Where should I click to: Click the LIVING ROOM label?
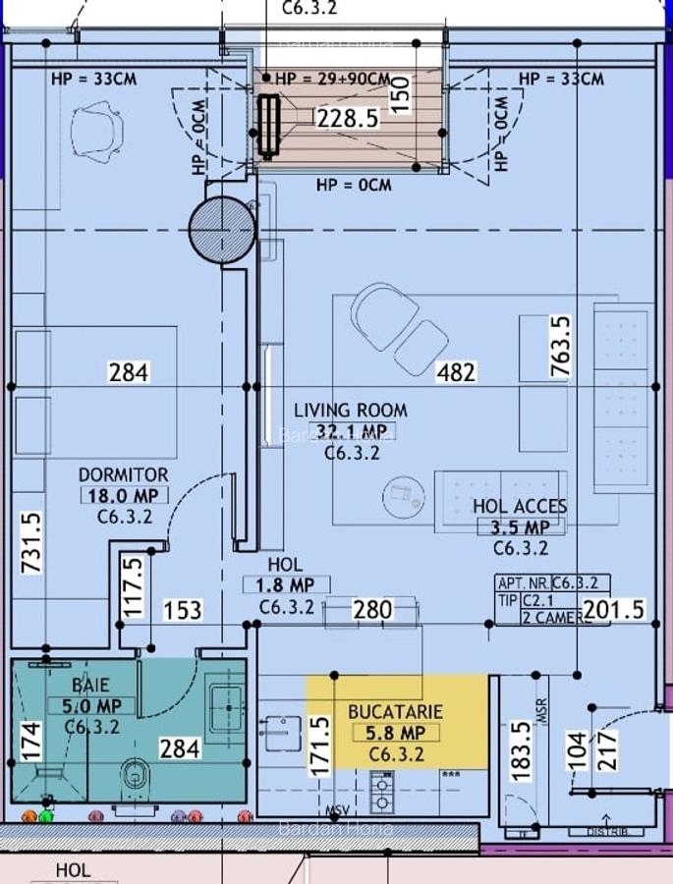pos(351,410)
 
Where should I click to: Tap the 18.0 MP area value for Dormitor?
pos(124,496)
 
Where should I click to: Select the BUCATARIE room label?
pos(396,711)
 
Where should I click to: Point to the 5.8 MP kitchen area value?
pos(396,733)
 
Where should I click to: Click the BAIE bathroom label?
pos(90,685)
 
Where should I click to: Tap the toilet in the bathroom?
pos(135,775)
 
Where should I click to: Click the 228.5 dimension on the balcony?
pos(347,119)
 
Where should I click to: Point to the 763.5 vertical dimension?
pos(559,347)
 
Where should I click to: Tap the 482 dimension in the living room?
pos(456,372)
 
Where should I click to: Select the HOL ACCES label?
pos(520,507)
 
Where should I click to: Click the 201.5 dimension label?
pos(614,610)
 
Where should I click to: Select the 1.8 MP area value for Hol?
pos(286,586)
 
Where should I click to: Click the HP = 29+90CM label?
pos(332,79)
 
